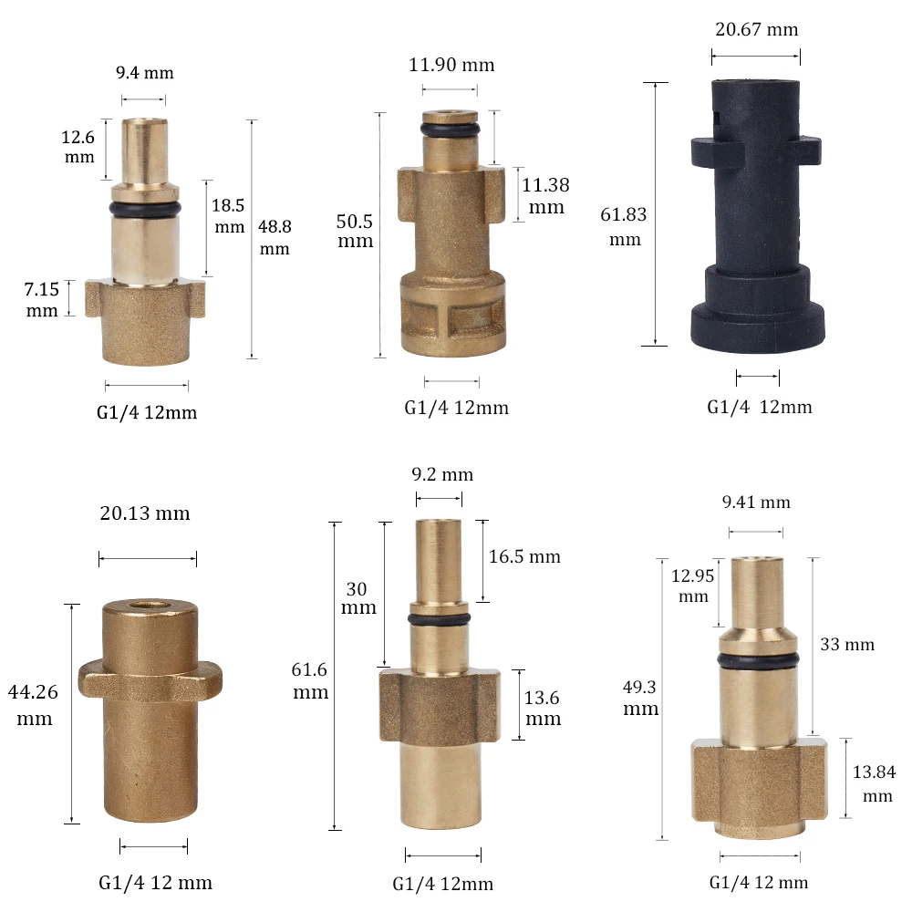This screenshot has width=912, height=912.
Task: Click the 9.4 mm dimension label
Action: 145,73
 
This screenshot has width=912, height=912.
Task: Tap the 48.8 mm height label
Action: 275,237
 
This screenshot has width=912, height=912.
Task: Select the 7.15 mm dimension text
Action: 42,299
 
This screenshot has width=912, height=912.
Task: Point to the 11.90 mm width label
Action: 451,65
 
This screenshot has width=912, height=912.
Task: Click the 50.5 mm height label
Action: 355,231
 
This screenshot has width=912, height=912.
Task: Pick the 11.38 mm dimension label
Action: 545,196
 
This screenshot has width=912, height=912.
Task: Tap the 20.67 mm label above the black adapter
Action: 756,30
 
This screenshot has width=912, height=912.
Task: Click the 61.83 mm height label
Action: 624,226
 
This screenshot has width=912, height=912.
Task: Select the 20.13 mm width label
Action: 145,513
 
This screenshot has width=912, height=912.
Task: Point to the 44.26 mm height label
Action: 33,705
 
